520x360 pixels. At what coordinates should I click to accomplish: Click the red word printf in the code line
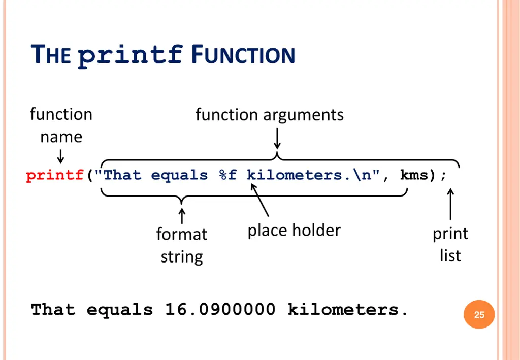tap(54, 176)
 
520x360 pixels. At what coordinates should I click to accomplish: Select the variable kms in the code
tap(414, 176)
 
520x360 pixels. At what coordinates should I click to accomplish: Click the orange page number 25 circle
tap(479, 315)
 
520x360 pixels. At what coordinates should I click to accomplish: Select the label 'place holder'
tap(294, 231)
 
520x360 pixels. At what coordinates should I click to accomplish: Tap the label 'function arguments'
tap(269, 115)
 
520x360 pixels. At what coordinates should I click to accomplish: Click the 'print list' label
tap(450, 244)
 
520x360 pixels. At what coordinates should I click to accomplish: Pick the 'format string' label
tap(182, 245)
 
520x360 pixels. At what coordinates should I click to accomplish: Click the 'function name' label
tap(61, 125)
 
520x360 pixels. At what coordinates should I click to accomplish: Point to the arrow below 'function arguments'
tap(277, 139)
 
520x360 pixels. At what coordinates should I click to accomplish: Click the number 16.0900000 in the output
tap(220, 310)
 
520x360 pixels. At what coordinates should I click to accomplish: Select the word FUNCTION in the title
tap(243, 55)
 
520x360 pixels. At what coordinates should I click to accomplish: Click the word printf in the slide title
tap(131, 55)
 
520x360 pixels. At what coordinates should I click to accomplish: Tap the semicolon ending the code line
tap(443, 176)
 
